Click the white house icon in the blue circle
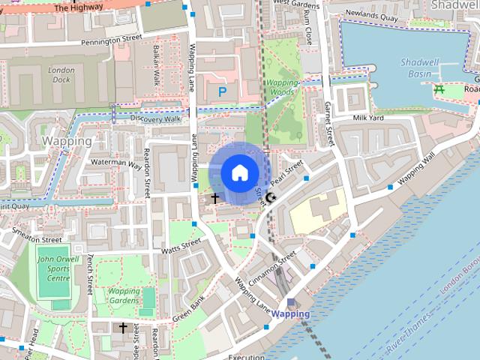click(239, 172)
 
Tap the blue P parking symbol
click(222, 91)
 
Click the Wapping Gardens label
click(124, 296)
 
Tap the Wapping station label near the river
click(290, 313)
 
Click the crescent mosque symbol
click(271, 197)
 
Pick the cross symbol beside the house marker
click(215, 198)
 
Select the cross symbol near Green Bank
click(123, 328)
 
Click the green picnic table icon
click(439, 89)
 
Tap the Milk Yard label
click(368, 118)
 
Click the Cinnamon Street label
click(278, 269)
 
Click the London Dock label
click(61, 74)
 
